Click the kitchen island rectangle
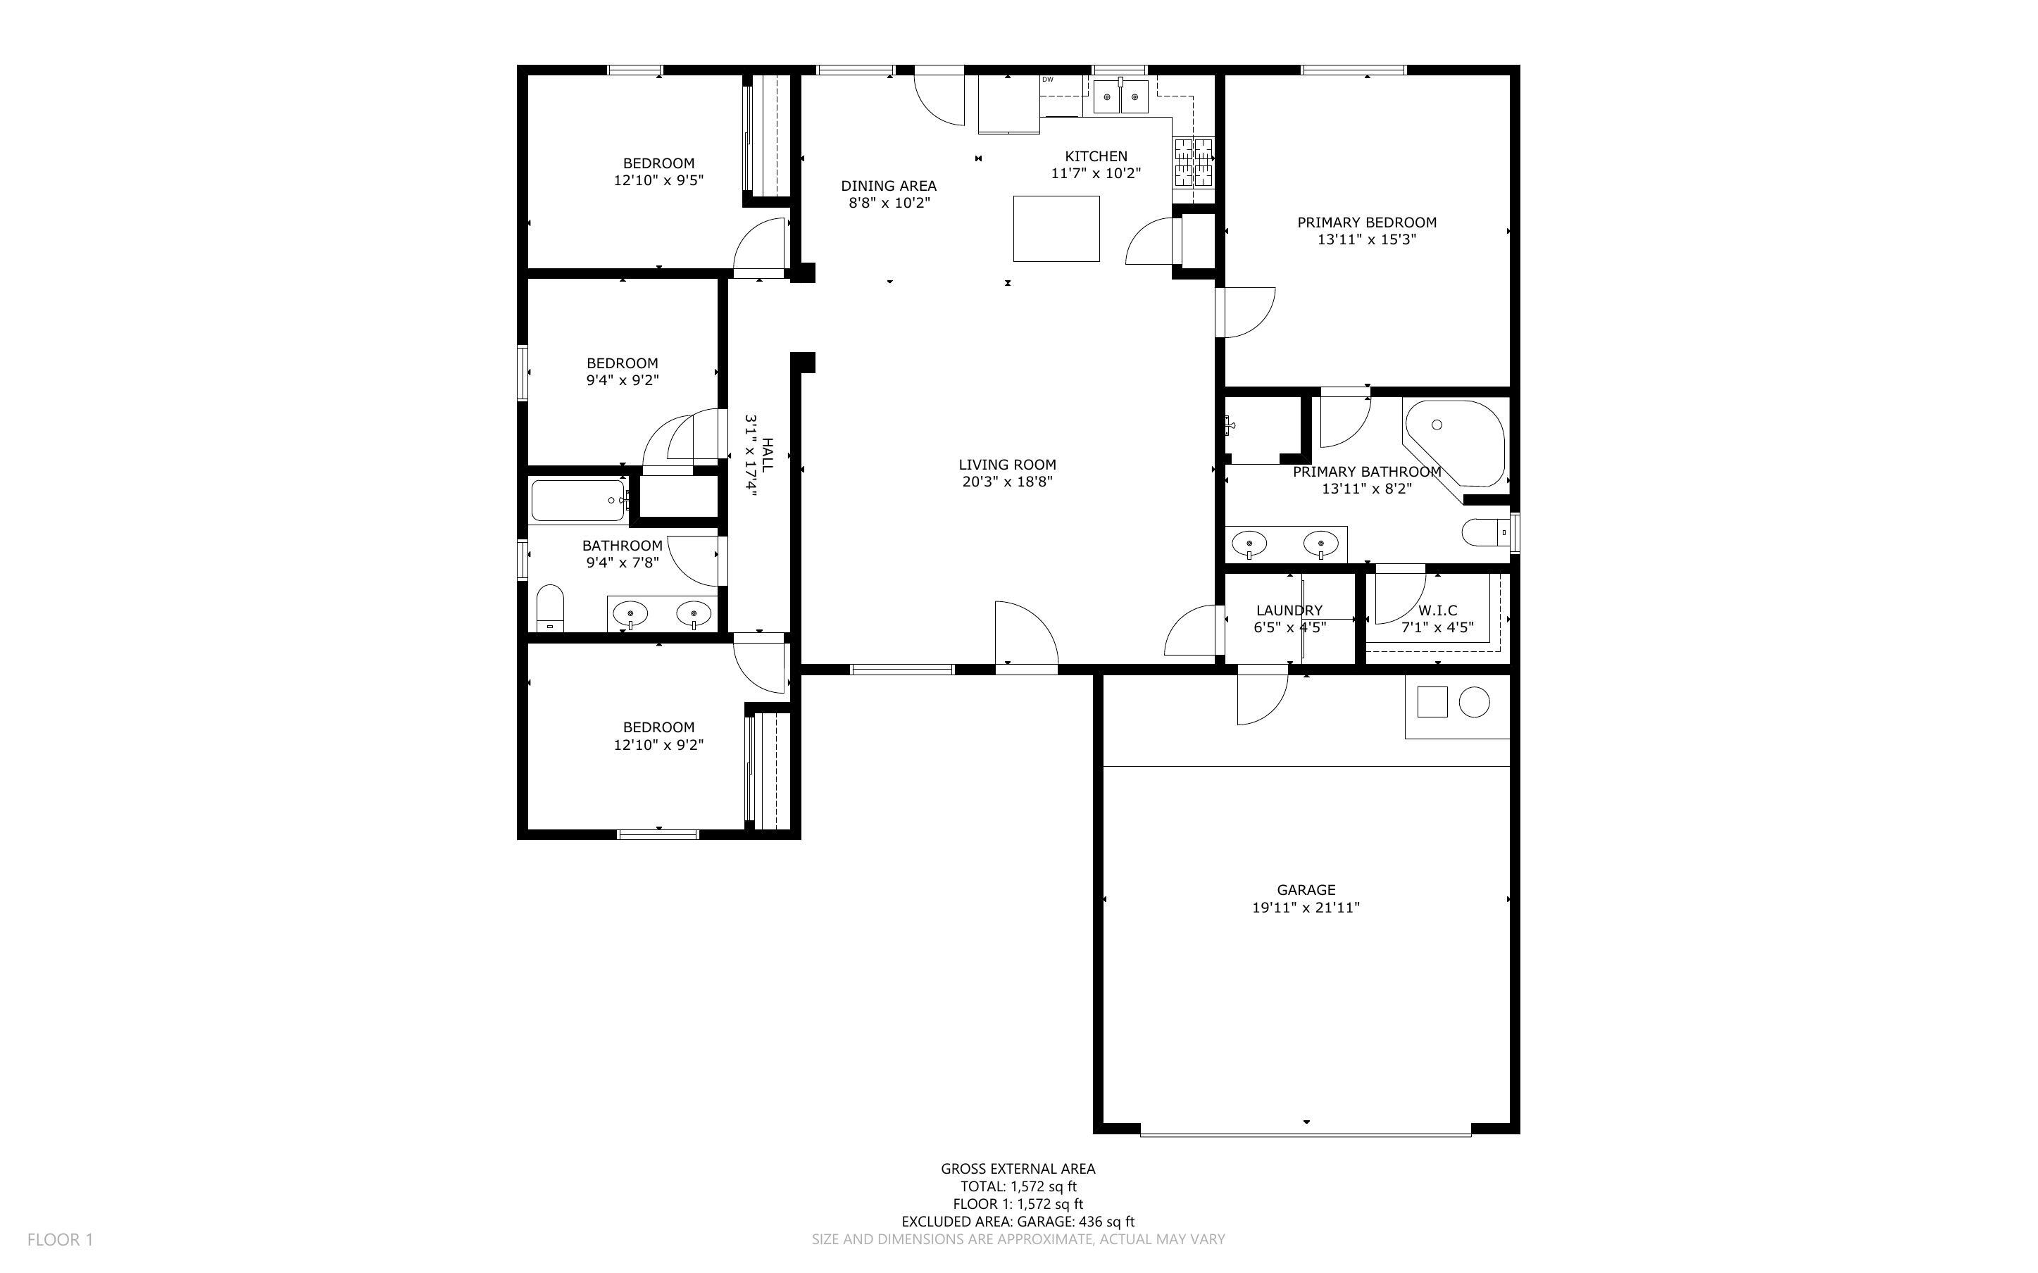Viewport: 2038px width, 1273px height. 1056,228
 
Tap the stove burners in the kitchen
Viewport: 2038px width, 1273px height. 1194,163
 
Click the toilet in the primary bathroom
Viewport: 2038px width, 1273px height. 1487,533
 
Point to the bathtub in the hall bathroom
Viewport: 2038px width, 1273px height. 578,500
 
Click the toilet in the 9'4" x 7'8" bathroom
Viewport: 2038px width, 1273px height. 551,608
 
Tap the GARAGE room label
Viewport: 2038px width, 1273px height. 1306,890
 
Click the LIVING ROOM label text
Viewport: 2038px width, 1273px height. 1007,465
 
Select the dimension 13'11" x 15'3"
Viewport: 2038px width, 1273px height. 1366,239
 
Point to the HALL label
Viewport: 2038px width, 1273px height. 767,454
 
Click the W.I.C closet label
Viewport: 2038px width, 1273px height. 1438,610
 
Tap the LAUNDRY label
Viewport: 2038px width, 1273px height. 1289,610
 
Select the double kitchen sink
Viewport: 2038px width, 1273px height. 1121,98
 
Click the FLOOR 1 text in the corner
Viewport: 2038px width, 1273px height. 61,1239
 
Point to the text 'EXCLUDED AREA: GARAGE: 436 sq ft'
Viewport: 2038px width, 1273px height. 1018,1222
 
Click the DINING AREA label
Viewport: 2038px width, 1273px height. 888,186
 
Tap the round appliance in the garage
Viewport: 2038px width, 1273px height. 1474,702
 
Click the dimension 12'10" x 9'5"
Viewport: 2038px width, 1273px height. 658,180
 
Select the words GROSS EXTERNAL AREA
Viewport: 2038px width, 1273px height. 1018,1169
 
